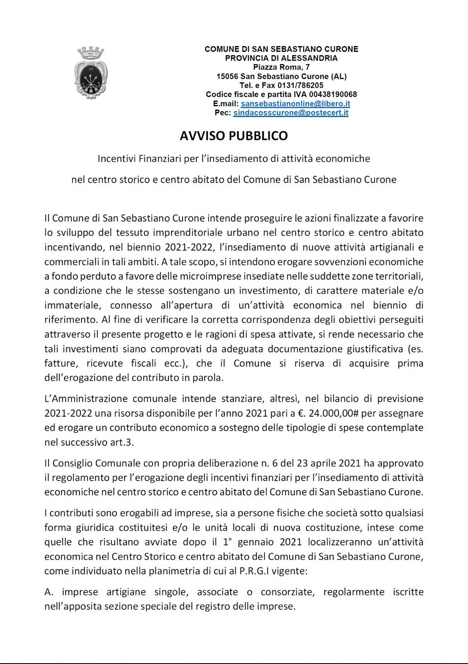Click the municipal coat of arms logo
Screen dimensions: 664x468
pos(90,73)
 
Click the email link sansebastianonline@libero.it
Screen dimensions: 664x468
pos(295,104)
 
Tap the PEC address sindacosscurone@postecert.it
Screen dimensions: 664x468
pos(290,113)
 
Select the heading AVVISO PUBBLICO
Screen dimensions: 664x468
pos(234,136)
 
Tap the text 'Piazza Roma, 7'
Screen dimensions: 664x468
pos(281,67)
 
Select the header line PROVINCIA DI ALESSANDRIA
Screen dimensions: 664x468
pos(281,58)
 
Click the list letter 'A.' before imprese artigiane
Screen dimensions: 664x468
pos(49,592)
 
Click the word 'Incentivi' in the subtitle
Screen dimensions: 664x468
pos(117,159)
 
